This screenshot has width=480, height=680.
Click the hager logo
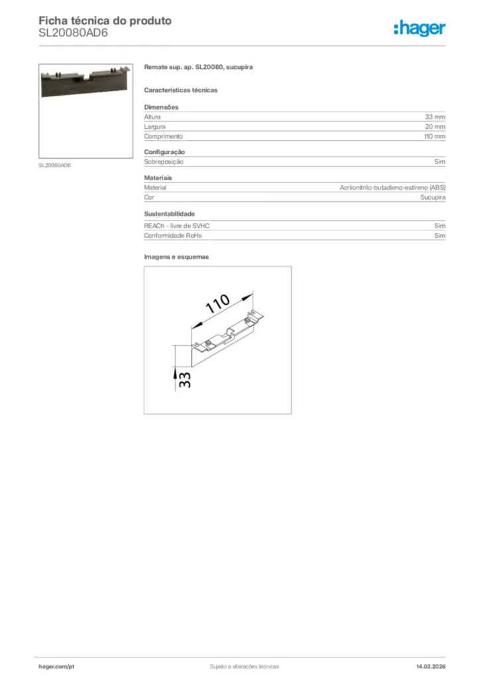tap(419, 28)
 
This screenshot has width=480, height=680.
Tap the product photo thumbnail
tap(86, 110)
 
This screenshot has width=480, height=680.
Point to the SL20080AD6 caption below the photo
tap(54, 165)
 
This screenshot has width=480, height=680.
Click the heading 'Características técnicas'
tap(180, 90)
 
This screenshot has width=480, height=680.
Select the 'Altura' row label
tap(152, 117)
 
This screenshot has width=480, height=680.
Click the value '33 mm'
tap(435, 117)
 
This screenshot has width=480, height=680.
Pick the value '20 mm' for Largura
tap(435, 126)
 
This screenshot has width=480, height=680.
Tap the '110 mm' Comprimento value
tap(434, 136)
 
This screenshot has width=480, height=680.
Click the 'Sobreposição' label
tap(163, 161)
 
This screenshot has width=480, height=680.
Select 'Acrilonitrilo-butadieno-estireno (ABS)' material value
tap(392, 188)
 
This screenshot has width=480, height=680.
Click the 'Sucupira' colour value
tap(432, 198)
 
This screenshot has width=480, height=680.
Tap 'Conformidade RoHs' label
tap(172, 235)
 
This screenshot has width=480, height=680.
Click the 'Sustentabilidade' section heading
tap(169, 214)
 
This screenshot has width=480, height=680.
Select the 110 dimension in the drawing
tap(217, 305)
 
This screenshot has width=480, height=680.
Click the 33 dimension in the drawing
tap(185, 379)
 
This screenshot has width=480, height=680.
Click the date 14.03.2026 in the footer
tap(430, 666)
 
